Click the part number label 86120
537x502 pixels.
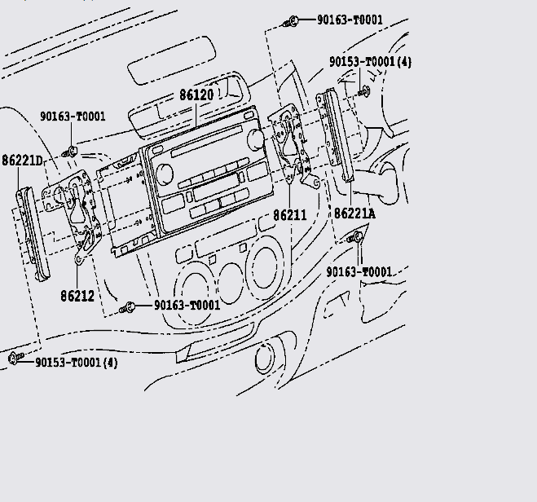click(196, 95)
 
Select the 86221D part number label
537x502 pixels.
click(22, 161)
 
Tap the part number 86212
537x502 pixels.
click(77, 297)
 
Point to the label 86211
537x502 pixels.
click(289, 215)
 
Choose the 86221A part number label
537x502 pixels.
click(354, 214)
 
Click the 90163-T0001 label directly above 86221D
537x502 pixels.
click(73, 117)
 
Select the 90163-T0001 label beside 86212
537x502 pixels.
click(187, 306)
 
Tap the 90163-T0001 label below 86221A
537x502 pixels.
click(359, 271)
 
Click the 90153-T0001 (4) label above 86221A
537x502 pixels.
click(370, 62)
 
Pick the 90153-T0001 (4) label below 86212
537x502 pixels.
click(76, 362)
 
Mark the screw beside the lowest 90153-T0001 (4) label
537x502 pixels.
click(14, 358)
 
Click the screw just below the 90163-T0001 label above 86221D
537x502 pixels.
click(73, 151)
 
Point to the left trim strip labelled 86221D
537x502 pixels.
click(33, 232)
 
